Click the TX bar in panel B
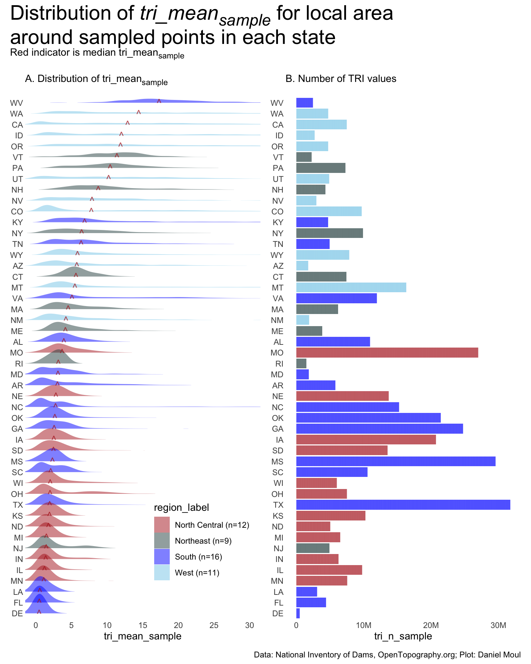pos(403,505)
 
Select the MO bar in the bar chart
pos(387,352)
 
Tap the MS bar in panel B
pos(395,461)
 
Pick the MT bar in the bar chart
pos(351,287)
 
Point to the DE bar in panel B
pos(298,613)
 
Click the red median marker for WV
pos(159,101)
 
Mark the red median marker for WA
pos(139,112)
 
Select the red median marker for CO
pos(91,210)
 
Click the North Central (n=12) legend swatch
pos(162,525)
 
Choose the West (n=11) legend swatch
pos(162,572)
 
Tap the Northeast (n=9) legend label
pos(203,541)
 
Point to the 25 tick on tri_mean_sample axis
pos(214,625)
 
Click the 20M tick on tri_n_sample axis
pos(431,625)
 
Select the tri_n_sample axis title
pos(403,636)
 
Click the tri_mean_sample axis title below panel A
pos(142,636)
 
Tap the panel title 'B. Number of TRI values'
pos(341,79)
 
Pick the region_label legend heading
pos(181,507)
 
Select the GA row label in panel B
pos(278,429)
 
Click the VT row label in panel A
pos(18,157)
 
